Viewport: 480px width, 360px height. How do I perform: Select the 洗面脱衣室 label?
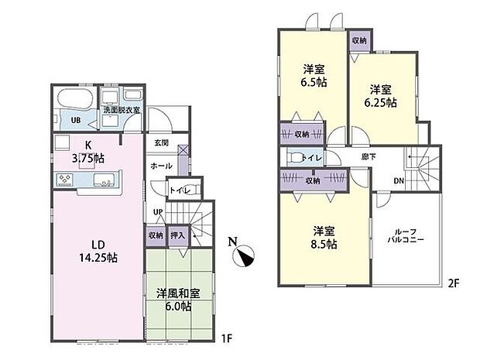point(123,111)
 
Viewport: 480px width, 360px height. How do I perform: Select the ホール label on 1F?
point(161,166)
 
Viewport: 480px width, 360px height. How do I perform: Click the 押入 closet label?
point(177,235)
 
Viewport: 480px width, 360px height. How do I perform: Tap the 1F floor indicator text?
point(225,338)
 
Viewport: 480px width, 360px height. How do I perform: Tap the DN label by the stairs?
point(399,181)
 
